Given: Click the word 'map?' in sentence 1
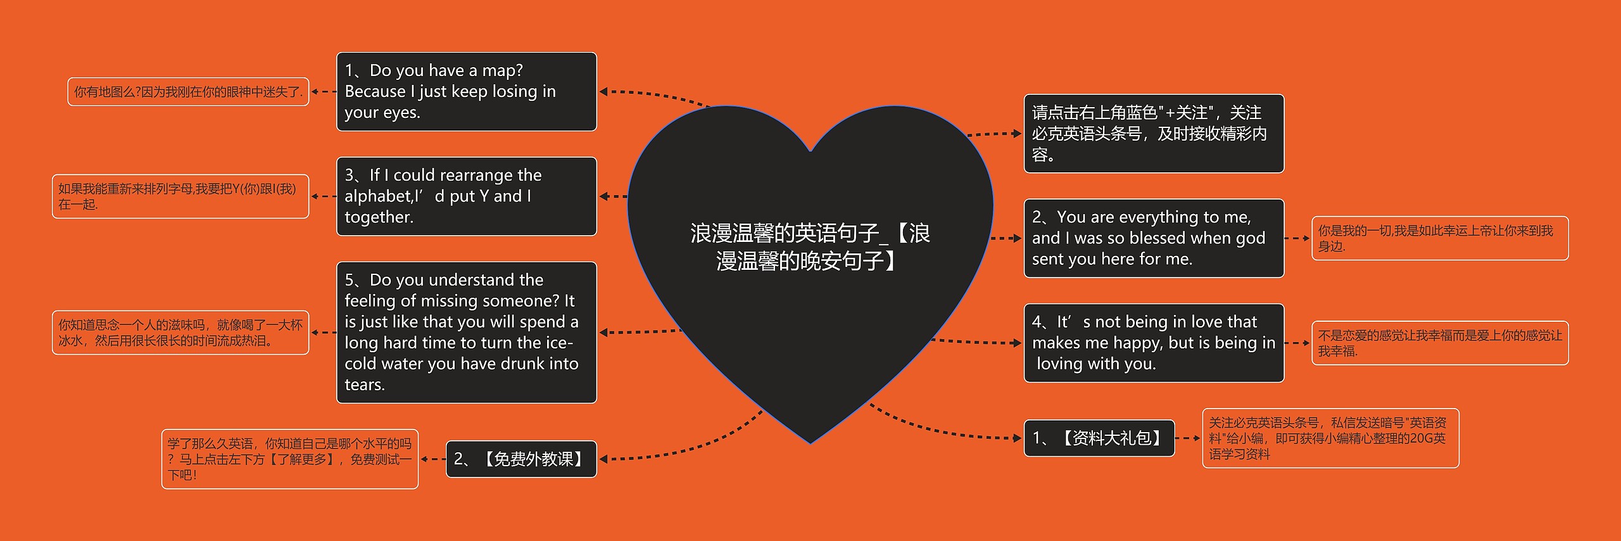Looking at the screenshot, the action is tap(502, 70).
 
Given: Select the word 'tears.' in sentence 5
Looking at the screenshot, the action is tap(365, 385).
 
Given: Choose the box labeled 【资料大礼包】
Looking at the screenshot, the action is tap(1099, 438).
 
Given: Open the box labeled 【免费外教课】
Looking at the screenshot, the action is tap(521, 459).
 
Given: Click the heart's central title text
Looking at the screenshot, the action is tap(810, 247).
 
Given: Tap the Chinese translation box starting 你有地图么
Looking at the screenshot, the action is tap(188, 92).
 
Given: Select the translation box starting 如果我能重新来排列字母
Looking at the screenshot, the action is tap(180, 196).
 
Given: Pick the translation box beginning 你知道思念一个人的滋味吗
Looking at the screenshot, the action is tap(180, 333).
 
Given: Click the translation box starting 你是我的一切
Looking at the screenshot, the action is tap(1439, 238).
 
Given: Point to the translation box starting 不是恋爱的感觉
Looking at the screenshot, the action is tap(1439, 343).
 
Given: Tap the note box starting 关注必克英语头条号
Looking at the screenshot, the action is tap(1330, 438).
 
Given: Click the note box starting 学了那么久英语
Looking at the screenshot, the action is tap(289, 459).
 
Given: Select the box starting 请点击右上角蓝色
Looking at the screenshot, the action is tap(1154, 134).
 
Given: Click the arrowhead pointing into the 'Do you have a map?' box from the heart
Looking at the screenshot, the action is tap(603, 92).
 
